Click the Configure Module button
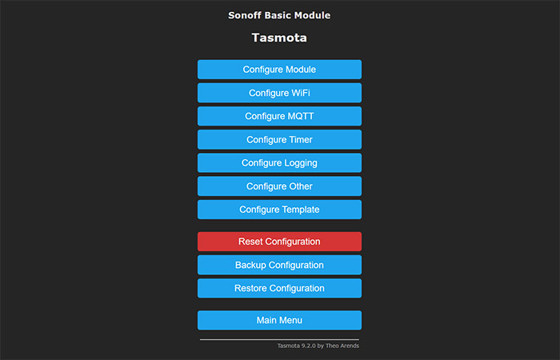279,70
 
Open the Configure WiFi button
279,93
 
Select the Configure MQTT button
279,116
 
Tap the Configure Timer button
279,139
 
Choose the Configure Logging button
279,163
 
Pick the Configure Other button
279,186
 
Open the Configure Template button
279,210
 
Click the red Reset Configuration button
279,242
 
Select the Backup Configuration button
279,265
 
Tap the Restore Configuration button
279,288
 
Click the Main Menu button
279,320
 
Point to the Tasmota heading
279,38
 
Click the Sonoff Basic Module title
279,15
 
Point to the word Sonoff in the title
245,15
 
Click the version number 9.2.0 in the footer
309,346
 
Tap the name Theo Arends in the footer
342,346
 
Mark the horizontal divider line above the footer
279,340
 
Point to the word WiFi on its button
301,93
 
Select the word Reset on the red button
250,242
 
